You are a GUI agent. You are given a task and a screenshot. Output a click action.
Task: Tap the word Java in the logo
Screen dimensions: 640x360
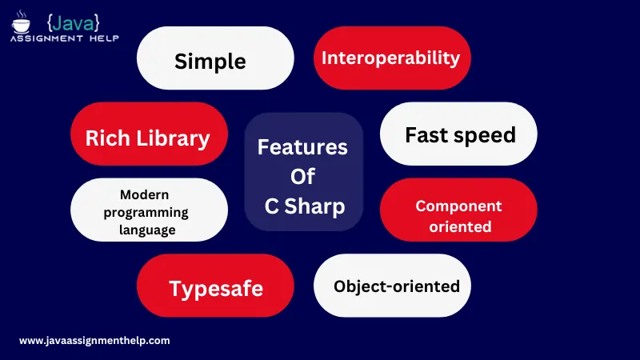click(74, 23)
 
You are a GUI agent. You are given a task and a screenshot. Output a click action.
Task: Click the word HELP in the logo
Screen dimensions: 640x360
click(104, 38)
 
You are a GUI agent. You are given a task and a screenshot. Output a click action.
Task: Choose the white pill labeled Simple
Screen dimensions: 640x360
click(215, 58)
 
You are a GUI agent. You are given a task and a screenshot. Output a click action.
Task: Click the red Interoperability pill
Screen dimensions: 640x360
click(392, 58)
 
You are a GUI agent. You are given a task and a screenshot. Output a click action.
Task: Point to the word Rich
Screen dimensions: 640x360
click(108, 138)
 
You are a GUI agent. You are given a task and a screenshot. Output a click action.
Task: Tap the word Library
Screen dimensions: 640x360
click(173, 138)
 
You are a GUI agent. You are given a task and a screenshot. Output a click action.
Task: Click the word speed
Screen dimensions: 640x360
click(485, 136)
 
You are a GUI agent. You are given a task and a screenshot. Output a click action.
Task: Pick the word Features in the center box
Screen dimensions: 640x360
click(302, 147)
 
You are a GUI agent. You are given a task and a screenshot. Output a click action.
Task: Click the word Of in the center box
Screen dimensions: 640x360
click(303, 176)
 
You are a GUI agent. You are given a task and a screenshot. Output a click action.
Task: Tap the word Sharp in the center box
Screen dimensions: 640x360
click(314, 206)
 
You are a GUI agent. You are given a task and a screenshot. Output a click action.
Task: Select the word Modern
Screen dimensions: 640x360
click(145, 194)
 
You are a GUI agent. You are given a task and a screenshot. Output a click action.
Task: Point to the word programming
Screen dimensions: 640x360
click(146, 213)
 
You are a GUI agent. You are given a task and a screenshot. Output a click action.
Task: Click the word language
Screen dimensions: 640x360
click(147, 230)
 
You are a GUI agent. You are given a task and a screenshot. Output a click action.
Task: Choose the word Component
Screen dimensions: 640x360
click(458, 206)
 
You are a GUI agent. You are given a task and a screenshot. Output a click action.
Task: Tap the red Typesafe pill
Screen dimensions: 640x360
click(215, 286)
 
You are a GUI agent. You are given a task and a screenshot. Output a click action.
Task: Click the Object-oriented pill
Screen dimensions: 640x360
click(392, 286)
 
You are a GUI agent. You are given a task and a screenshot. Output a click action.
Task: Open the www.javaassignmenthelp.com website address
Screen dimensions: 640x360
click(94, 341)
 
